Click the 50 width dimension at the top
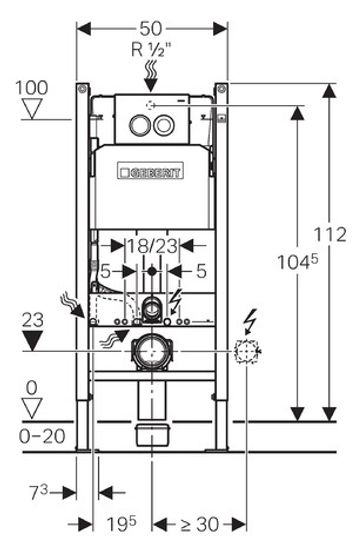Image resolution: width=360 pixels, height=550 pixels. click(151, 29)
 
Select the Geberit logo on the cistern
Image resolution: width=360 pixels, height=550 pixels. click(151, 171)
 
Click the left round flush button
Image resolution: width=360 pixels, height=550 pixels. click(140, 125)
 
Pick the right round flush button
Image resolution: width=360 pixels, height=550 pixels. click(163, 125)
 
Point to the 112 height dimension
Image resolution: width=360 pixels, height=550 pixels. click(330, 234)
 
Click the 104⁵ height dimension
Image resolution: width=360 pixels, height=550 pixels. click(298, 261)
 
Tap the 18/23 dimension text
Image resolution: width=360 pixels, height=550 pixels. click(152, 246)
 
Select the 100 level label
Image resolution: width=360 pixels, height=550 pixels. click(32, 87)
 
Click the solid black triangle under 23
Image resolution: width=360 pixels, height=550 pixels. click(32, 341)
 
